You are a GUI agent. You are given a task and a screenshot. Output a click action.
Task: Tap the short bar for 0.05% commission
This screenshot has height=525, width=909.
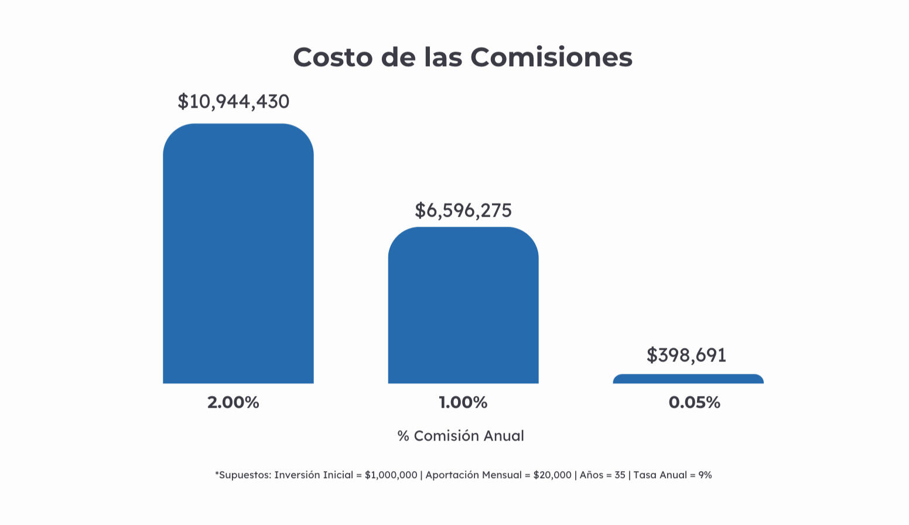point(688,379)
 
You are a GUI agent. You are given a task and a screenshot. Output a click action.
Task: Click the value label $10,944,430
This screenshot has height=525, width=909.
point(234,101)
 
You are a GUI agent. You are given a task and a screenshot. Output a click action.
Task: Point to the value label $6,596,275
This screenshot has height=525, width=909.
point(463,210)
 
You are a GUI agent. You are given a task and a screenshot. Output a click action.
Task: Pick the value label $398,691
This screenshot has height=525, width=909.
point(686,355)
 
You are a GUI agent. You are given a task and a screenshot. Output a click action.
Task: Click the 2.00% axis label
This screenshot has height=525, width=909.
point(233,402)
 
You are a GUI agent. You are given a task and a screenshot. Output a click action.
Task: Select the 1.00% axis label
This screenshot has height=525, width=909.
point(463,402)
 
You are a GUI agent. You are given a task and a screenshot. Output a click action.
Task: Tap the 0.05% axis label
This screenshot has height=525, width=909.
point(694,402)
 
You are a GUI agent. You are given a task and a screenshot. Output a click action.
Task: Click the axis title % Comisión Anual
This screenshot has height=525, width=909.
point(461,436)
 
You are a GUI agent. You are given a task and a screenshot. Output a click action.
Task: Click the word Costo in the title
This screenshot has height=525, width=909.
point(333,57)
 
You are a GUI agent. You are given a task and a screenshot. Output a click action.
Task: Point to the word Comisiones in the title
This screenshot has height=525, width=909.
point(551,57)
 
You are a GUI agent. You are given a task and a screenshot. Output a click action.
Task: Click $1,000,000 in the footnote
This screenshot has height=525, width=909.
point(391,475)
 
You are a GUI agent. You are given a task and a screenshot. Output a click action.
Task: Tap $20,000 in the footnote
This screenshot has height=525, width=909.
point(552,475)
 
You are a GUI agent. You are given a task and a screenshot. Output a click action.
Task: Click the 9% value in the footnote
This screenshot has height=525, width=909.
point(705,475)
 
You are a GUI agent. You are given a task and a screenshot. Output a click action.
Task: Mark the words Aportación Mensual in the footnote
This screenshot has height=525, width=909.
point(473,475)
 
